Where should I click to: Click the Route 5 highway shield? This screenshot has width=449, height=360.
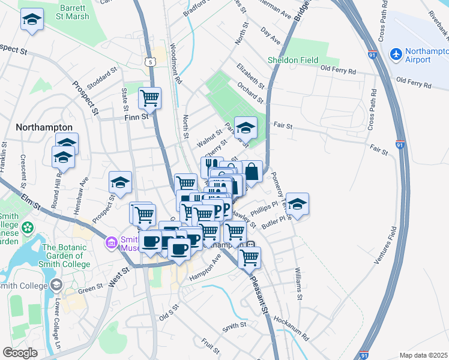(150, 61)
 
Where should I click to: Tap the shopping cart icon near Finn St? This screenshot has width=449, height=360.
(149, 97)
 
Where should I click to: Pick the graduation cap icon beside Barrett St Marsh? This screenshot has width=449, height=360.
(32, 20)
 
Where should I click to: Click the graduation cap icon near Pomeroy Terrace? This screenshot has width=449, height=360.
(297, 204)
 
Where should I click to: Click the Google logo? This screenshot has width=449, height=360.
(20, 353)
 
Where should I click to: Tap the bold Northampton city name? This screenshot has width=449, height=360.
(44, 127)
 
